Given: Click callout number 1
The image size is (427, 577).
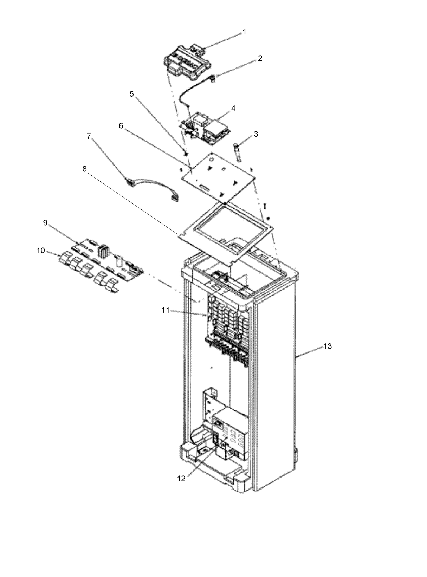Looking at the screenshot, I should click(x=245, y=32).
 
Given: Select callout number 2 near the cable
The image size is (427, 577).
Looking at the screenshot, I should click(x=260, y=58).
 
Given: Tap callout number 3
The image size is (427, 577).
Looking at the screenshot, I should click(x=256, y=134).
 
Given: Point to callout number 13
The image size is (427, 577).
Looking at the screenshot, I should click(x=327, y=346).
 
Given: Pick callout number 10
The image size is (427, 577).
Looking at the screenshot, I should click(x=41, y=251).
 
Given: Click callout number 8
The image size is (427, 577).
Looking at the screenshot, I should click(x=84, y=169).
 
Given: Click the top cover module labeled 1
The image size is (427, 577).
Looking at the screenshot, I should click(x=186, y=61).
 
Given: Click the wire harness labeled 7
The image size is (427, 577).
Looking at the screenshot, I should click(x=151, y=188).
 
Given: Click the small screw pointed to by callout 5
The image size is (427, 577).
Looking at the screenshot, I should click(x=187, y=153).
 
